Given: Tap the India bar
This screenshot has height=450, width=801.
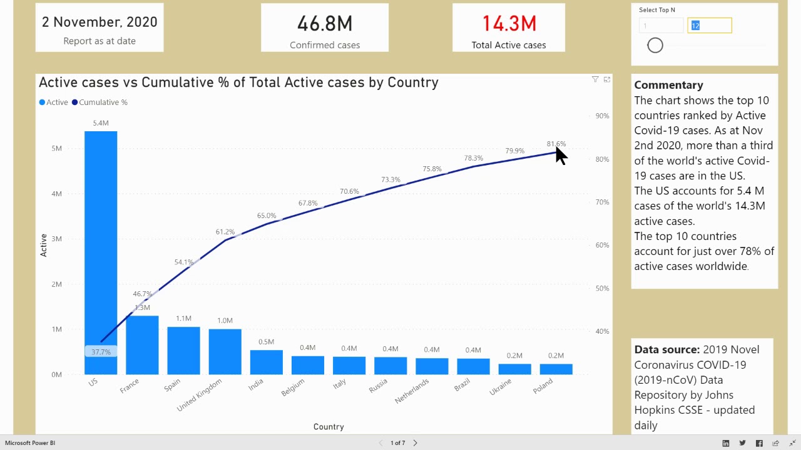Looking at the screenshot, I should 266,362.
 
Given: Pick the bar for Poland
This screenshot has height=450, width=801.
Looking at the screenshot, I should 556,369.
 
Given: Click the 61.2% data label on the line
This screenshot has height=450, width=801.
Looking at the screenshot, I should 225,232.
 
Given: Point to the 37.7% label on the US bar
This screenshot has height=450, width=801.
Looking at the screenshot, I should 101,352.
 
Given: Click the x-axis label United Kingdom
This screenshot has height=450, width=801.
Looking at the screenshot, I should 200,395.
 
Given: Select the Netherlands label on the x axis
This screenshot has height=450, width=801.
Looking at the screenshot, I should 412,391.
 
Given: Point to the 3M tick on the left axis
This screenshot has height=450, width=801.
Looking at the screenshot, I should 56,239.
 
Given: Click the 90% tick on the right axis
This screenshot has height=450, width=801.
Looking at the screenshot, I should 602,116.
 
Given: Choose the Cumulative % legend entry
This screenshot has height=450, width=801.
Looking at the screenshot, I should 103,102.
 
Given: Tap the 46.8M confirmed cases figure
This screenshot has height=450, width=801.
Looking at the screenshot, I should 325,24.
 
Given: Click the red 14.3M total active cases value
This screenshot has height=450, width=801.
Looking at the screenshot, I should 509,24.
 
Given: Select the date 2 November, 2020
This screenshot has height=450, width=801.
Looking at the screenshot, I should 99,22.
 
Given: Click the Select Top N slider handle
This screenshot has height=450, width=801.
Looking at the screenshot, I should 655,45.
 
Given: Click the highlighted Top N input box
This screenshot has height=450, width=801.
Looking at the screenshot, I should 709,26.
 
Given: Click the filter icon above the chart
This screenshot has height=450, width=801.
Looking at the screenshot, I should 595,79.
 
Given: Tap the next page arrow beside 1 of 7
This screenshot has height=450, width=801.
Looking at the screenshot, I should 415,442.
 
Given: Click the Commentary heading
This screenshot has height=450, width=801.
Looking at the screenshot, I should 668,85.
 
